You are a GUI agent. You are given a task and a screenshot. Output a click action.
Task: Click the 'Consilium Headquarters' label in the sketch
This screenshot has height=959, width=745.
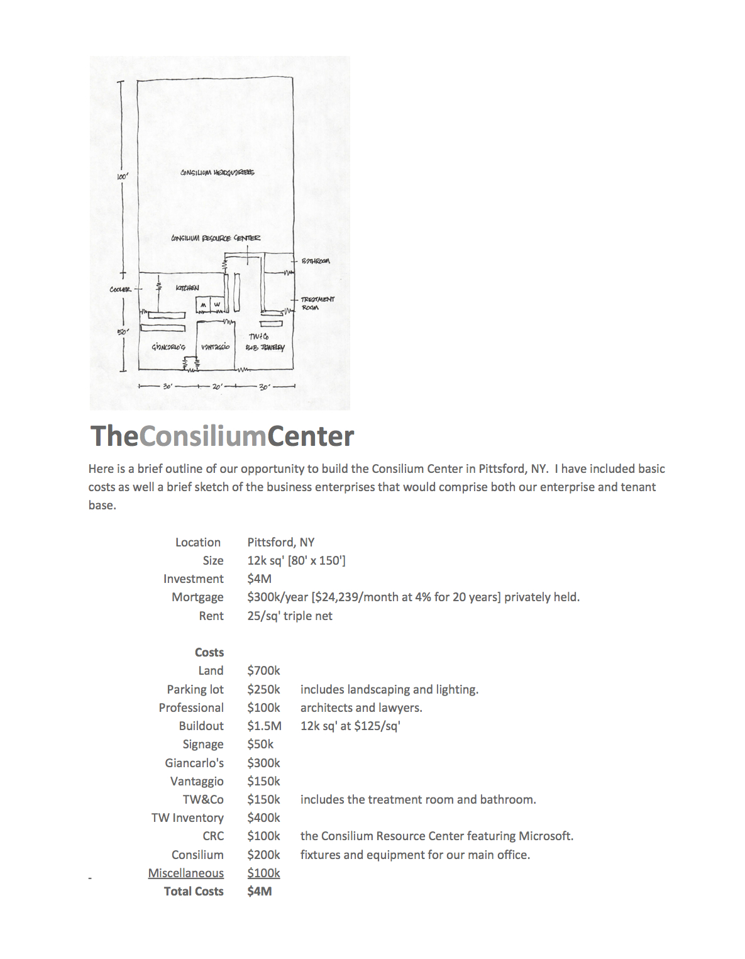point(217,172)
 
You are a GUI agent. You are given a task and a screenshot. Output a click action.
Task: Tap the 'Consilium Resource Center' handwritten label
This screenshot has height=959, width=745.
point(215,238)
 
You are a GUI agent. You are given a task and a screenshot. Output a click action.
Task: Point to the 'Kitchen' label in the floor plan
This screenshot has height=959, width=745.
point(187,288)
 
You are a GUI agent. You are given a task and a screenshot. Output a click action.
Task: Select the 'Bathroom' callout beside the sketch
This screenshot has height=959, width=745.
point(315,260)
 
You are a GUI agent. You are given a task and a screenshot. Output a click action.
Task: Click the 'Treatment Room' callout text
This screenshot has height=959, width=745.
point(317,303)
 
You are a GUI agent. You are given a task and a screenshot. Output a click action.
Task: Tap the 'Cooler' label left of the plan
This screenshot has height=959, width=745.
point(120,289)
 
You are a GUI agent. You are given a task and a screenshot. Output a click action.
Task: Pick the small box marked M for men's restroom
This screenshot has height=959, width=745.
point(203,305)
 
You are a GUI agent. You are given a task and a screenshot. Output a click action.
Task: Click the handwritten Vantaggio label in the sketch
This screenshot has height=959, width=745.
point(215,347)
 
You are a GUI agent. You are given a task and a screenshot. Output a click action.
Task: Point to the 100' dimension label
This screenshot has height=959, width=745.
point(122,177)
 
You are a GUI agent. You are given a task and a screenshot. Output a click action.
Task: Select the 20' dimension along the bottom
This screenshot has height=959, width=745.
point(216,387)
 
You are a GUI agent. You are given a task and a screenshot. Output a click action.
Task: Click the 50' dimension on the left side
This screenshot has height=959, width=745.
point(123,331)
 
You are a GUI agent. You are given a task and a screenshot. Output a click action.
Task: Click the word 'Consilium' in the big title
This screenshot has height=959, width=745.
point(203,436)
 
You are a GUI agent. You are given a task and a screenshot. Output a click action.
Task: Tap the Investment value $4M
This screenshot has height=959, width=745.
point(259,579)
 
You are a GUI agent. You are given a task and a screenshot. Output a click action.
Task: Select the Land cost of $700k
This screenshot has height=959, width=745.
point(263,670)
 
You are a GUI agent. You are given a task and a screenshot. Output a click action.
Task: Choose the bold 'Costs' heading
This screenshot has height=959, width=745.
point(209,652)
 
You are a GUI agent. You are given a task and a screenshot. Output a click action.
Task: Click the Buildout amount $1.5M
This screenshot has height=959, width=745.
point(264,726)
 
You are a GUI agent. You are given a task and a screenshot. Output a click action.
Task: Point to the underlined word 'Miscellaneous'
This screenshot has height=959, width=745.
point(185,873)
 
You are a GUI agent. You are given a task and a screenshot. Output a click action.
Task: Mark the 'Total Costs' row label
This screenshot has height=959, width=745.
point(194,891)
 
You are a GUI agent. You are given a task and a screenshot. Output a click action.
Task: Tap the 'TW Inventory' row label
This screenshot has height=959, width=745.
point(187,818)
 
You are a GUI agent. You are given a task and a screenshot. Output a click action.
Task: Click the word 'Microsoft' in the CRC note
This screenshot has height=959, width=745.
point(544,836)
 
